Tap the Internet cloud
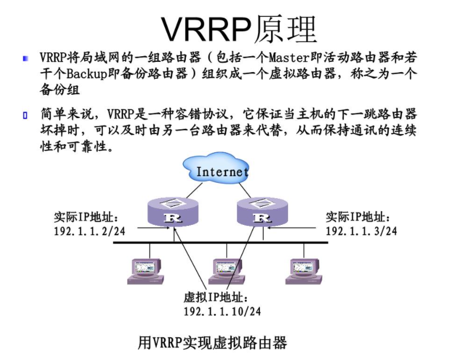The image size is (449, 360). (x=222, y=170)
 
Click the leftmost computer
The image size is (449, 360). (x=145, y=271)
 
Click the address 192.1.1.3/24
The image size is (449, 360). (x=361, y=231)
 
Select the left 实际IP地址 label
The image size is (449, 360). (x=86, y=217)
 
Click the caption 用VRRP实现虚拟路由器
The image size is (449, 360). (x=212, y=342)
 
